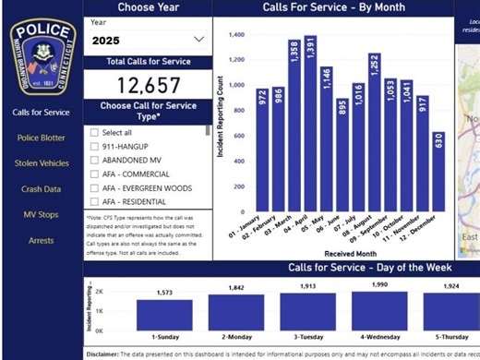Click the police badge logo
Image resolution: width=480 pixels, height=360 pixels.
(x=42, y=57)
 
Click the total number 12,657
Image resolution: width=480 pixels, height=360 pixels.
(x=148, y=87)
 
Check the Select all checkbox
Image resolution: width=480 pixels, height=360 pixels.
(x=94, y=132)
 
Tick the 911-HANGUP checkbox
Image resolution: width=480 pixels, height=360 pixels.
(x=94, y=146)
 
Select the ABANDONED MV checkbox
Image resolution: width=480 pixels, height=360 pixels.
(x=94, y=160)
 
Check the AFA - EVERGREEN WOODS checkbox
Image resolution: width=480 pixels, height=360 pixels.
(x=94, y=187)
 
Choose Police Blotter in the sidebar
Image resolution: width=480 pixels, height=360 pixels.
(x=42, y=138)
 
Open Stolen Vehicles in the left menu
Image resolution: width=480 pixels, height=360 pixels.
(x=42, y=163)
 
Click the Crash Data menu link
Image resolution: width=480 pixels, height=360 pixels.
(x=42, y=189)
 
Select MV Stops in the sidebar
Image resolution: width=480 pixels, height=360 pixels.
(x=42, y=214)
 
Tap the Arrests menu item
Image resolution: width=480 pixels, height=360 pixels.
(x=42, y=240)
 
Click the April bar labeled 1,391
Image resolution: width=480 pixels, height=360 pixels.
(x=309, y=129)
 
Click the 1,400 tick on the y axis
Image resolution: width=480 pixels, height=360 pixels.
(x=236, y=35)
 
